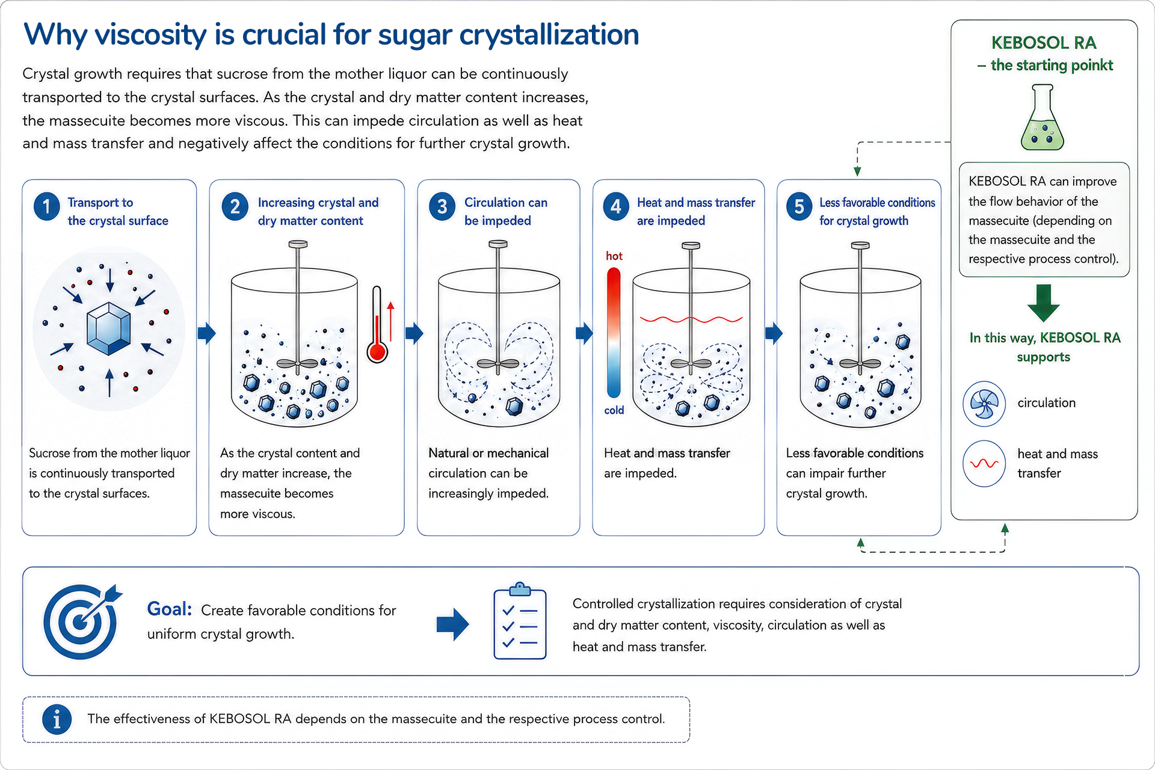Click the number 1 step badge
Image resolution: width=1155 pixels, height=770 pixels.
[46, 206]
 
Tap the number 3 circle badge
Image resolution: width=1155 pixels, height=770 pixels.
[442, 206]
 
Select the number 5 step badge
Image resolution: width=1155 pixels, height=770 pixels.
[799, 206]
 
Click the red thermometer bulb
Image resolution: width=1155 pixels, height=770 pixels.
[377, 352]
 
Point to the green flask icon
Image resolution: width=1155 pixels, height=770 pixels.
[1043, 117]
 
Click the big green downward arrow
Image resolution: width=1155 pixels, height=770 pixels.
[1044, 303]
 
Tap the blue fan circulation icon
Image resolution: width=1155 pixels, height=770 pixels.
[984, 404]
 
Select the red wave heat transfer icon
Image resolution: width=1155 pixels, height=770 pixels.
[984, 464]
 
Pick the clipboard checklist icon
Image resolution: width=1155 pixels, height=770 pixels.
[520, 621]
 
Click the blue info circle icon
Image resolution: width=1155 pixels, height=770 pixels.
[57, 719]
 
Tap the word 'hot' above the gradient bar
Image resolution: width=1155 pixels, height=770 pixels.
[614, 256]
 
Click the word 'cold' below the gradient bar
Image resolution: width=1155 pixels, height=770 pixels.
[614, 410]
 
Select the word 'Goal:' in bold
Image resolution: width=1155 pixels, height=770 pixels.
[170, 609]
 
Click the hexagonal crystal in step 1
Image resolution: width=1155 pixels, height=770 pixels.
[109, 328]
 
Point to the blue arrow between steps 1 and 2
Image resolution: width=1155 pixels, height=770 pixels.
[206, 333]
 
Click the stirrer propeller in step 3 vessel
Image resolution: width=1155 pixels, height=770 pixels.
[498, 364]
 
